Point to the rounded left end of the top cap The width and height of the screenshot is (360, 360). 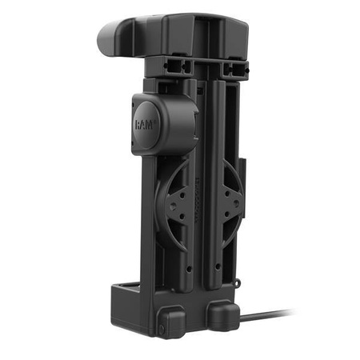click(x=108, y=36)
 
